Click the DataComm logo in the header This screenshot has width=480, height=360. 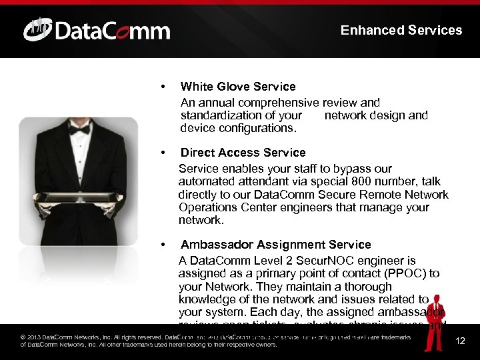97,30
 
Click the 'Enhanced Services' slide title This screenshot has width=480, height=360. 401,30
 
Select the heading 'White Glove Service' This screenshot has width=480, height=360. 238,87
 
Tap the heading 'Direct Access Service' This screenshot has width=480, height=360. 243,153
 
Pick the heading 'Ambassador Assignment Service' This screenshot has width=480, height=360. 275,245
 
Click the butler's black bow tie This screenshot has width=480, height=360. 80,129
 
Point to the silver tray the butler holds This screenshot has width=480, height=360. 77,199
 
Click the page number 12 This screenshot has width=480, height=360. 460,341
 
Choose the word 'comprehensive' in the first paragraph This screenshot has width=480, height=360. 283,103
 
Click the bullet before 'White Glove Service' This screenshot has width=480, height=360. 163,87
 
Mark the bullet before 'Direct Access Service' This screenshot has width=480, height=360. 163,153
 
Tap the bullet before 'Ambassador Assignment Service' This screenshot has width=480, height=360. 163,245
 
